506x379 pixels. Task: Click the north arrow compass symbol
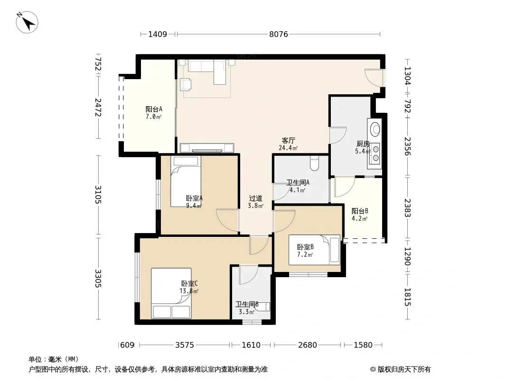[x=27, y=22]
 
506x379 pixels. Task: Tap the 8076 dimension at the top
[x=279, y=34]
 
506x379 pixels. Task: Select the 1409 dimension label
[x=158, y=34]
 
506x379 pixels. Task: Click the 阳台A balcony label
[x=154, y=109]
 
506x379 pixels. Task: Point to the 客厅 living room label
[x=288, y=140]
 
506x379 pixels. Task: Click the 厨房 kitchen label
[x=363, y=144]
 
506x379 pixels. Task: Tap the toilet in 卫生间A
[x=314, y=163]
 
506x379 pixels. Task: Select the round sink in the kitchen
[x=375, y=128]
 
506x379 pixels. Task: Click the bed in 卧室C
[x=171, y=293]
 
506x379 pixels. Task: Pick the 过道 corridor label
[x=255, y=199]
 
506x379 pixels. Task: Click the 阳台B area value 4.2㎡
[x=359, y=219]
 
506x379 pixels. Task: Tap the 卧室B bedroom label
[x=305, y=247]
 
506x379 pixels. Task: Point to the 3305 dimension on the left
[x=98, y=279]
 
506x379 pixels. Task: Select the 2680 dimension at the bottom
[x=307, y=345]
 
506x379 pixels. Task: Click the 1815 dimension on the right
[x=407, y=297]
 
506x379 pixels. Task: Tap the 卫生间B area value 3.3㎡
[x=247, y=312]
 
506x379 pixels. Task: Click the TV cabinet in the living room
[x=207, y=148]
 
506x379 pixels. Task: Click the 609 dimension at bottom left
[x=127, y=345]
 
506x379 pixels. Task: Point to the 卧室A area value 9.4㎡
[x=194, y=206]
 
